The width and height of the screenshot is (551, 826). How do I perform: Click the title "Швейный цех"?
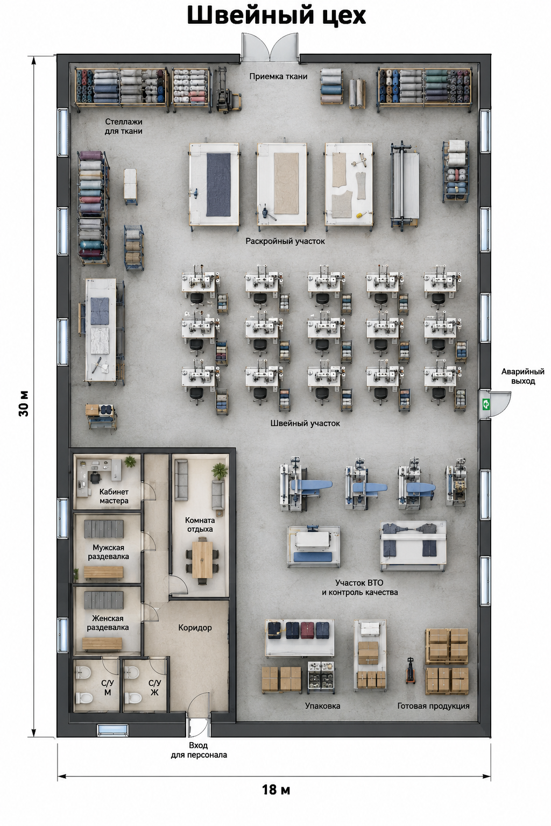coord(276,16)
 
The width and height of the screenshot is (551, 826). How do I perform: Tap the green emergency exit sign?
coord(485,404)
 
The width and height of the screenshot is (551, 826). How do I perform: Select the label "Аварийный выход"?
coord(522,376)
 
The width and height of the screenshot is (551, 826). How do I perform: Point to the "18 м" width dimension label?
coord(276,789)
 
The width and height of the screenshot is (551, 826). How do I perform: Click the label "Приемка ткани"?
coord(278,76)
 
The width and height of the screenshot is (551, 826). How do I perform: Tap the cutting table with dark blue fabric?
coord(214,184)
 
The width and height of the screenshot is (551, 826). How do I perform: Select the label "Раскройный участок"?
coord(285,241)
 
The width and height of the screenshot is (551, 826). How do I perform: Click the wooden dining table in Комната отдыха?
coord(202,559)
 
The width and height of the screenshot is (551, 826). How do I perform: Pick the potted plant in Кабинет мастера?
coord(130,461)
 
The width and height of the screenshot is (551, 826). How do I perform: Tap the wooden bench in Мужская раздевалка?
coord(103,572)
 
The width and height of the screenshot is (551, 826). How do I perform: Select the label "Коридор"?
coord(195,628)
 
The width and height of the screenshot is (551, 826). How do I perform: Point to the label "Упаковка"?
coord(322,706)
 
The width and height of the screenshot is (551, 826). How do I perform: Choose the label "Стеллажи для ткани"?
coord(123,126)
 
